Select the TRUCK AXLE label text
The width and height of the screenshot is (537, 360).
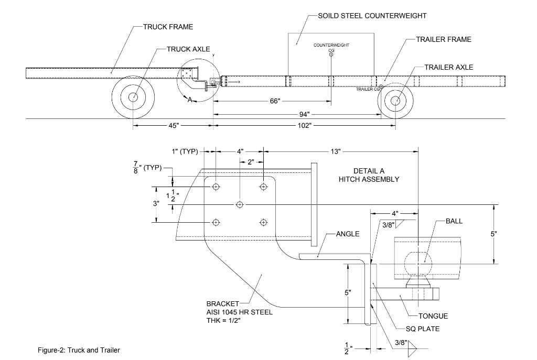[x=188, y=49]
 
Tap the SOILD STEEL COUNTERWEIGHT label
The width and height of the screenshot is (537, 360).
[x=372, y=16]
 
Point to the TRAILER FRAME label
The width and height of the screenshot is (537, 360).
[x=444, y=39]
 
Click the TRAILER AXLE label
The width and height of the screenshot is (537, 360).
[x=449, y=67]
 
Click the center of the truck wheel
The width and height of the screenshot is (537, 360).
[x=133, y=97]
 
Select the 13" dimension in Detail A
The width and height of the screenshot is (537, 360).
[x=336, y=151]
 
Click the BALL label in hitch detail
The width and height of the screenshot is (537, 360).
[x=454, y=221]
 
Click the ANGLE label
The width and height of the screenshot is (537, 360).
[x=348, y=234]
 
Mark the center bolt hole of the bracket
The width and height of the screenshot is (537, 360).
[x=240, y=204]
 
